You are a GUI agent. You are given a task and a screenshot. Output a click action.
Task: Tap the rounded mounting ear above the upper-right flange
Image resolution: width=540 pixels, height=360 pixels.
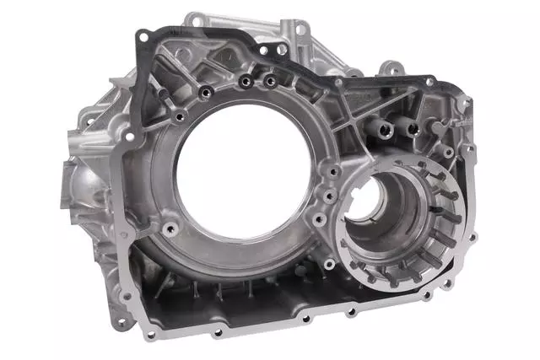click(x=387, y=67)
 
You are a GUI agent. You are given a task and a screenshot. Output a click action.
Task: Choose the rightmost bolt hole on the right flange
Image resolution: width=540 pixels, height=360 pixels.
click(x=472, y=237)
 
